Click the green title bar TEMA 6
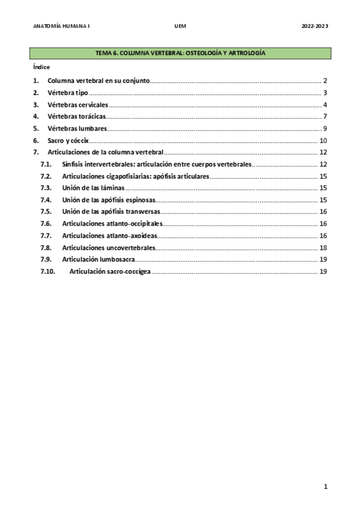tap(180, 54)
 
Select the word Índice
tap(41, 67)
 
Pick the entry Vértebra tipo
tap(68, 93)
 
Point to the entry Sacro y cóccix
tap(68, 140)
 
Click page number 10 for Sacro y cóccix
tap(323, 140)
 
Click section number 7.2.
tap(46, 176)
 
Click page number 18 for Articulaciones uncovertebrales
tap(323, 247)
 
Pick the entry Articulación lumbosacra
tap(98, 259)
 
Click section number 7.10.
tap(47, 271)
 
